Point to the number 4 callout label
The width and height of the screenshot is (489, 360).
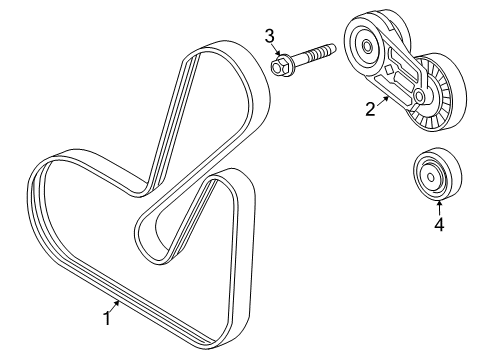tap(438, 224)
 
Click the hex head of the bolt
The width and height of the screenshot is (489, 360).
tap(281, 66)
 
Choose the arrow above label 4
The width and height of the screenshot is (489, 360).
tap(438, 205)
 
